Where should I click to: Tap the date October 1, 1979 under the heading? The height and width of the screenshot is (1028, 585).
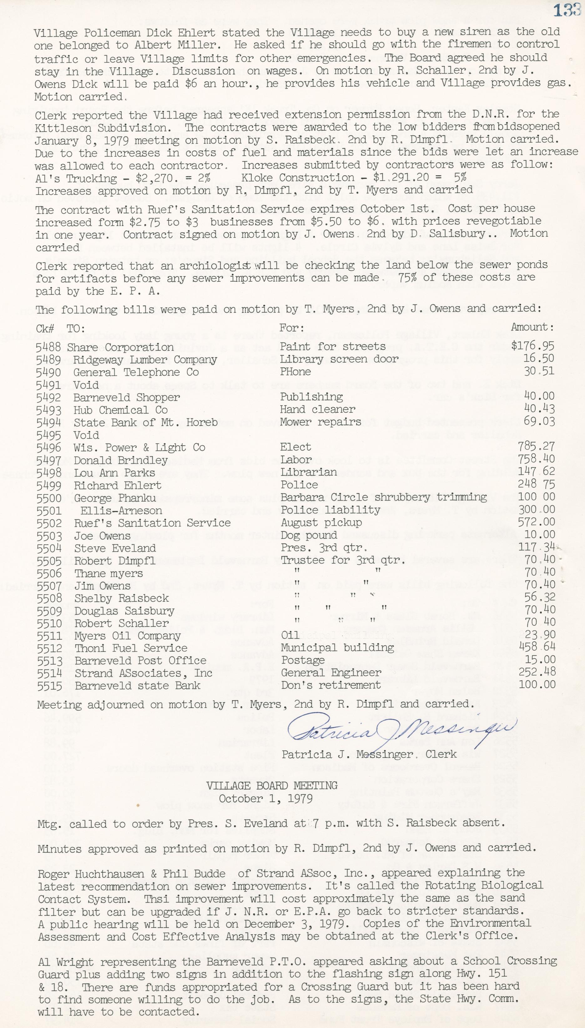point(266,798)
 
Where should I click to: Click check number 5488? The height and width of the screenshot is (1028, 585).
point(48,347)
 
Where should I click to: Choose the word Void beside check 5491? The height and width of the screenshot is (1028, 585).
point(86,385)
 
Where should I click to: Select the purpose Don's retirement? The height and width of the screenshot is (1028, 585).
point(331,685)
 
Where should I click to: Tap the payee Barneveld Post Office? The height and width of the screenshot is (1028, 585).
point(140,661)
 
